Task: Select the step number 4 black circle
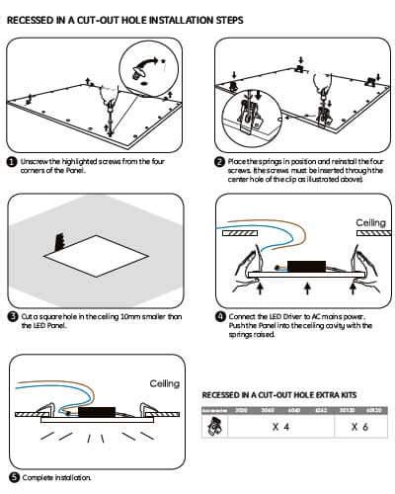point(219,317)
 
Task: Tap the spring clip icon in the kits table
point(212,427)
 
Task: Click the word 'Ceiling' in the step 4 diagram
point(370,223)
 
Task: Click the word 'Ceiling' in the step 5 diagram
point(163,382)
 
